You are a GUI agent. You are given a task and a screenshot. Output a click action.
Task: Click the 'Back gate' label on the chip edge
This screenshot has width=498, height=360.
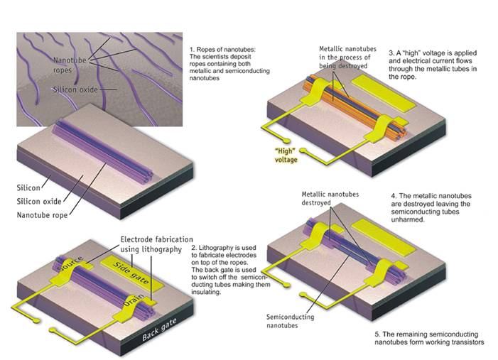coord(159,329)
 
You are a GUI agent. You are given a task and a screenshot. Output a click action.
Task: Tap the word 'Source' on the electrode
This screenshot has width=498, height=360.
coord(70,263)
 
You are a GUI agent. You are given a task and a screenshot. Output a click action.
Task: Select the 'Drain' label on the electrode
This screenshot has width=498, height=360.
coord(134,300)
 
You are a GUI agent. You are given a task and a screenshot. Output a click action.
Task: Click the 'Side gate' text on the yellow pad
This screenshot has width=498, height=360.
coord(131,273)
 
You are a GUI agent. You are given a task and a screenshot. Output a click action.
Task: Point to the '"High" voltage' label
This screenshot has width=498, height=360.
coord(286,155)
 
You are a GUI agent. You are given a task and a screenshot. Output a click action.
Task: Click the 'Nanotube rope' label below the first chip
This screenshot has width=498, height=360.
coord(42,215)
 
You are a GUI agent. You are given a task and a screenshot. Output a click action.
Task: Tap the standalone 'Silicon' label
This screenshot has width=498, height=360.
coord(28,187)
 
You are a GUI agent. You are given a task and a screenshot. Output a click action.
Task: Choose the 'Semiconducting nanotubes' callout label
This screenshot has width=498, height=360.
coord(290,321)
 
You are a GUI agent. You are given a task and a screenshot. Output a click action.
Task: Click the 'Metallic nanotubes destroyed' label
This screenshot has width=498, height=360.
coord(330,198)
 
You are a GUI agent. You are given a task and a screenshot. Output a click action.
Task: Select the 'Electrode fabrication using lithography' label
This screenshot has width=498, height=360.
coord(156,244)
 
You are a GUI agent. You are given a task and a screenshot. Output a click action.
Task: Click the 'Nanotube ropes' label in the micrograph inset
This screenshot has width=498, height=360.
coord(70,65)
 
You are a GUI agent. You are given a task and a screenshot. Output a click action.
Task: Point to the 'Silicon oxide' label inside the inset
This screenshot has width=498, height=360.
coord(75,89)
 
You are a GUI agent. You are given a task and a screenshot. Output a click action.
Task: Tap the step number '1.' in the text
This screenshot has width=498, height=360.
coord(192,50)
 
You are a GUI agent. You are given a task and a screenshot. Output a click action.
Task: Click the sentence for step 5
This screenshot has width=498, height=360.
coord(429,338)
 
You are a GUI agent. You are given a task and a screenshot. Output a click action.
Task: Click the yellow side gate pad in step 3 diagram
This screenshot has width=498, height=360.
coord(384,93)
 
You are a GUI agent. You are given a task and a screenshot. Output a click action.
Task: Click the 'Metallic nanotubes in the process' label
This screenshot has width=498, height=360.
coord(347,57)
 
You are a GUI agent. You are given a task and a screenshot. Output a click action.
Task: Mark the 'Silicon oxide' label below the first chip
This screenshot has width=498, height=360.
coord(39,201)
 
